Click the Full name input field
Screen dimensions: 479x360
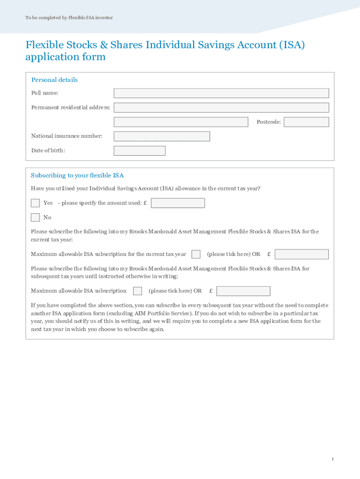tap(221, 93)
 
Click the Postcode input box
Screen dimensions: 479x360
tap(306, 122)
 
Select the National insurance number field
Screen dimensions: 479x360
tap(162, 136)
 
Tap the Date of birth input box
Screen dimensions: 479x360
tap(139, 151)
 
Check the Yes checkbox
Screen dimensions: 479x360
tap(35, 203)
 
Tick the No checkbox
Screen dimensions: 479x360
tap(35, 217)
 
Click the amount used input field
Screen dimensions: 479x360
tap(178, 203)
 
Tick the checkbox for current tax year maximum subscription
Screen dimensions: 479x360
tap(196, 254)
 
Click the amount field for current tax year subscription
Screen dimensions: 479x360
tap(302, 254)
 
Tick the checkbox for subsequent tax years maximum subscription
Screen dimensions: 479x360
tap(137, 291)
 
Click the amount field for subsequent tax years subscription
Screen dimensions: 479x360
tap(243, 291)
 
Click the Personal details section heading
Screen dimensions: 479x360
tap(54, 80)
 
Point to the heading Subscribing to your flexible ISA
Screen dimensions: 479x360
tap(77, 175)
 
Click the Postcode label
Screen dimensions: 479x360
tap(268, 122)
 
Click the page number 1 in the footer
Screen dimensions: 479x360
tap(332, 459)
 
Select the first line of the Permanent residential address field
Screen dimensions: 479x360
tap(221, 108)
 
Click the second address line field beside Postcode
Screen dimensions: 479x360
tap(181, 122)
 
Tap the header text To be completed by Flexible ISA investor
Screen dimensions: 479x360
tap(69, 18)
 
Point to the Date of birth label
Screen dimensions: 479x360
tap(48, 151)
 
